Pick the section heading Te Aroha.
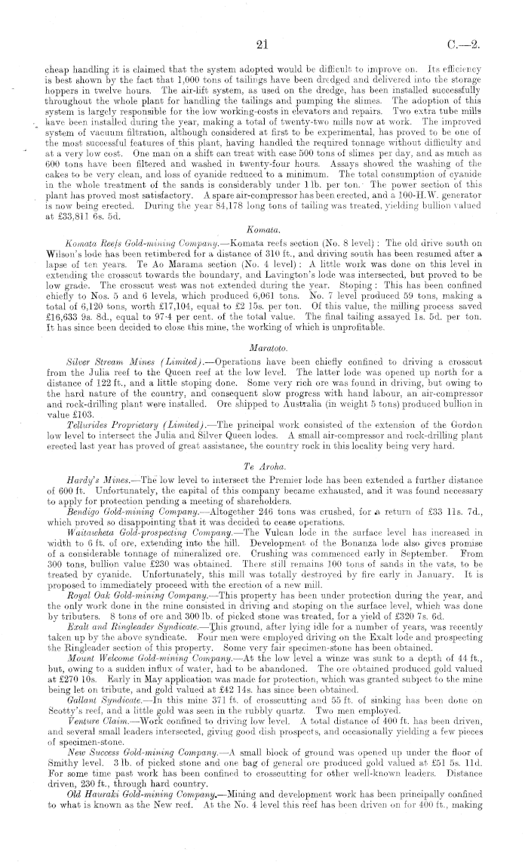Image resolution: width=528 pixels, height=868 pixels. [x=263, y=444]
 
